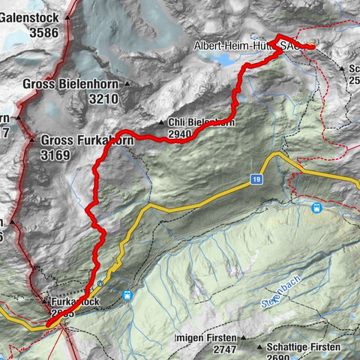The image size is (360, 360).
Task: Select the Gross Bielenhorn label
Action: tap(72, 83)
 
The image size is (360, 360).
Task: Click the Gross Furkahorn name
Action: tap(87, 139)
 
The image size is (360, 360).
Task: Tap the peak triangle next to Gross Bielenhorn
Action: tap(127, 84)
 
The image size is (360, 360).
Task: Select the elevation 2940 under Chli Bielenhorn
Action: tap(181, 135)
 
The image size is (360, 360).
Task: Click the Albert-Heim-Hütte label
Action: tap(236, 46)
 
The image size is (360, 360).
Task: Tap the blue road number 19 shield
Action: tap(256, 180)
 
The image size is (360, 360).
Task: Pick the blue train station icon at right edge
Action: tap(317, 207)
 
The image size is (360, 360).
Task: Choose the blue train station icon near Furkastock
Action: tap(127, 295)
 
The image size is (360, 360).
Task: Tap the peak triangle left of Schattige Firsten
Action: tap(259, 348)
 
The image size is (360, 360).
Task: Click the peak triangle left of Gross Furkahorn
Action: tap(32, 140)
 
